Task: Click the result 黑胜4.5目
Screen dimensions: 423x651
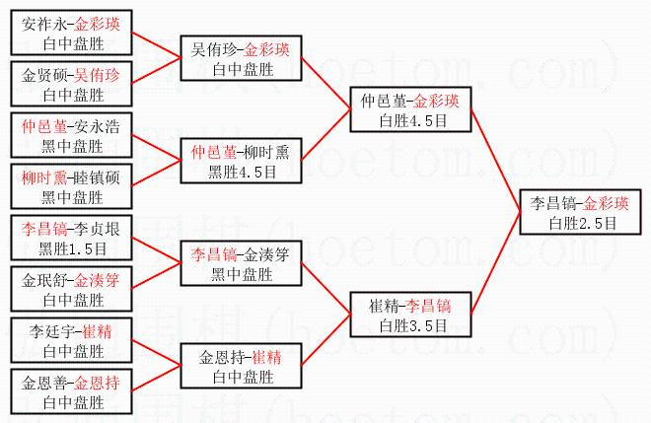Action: (242, 171)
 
